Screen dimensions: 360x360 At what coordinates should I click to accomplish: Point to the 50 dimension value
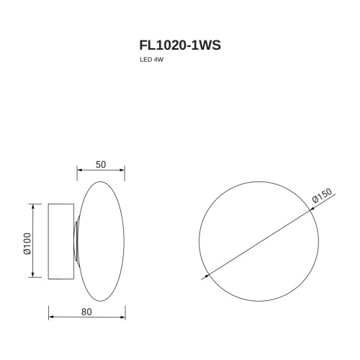(101, 164)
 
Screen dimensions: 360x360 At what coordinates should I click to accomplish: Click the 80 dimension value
(86, 312)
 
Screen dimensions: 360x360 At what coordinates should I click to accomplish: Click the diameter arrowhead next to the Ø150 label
(310, 211)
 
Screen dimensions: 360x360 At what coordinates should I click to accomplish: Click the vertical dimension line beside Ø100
(32, 241)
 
